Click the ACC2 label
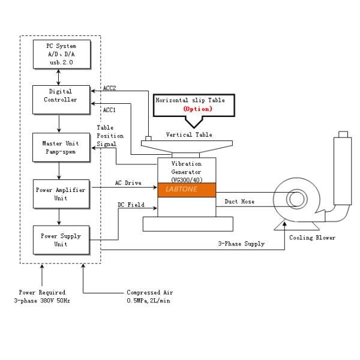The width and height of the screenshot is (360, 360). click(x=110, y=88)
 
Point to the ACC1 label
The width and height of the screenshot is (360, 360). click(x=110, y=110)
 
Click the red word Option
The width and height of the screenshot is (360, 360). click(x=197, y=109)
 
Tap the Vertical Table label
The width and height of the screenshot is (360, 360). click(x=188, y=135)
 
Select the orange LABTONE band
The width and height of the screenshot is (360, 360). click(x=187, y=189)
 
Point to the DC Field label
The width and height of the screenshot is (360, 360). click(x=131, y=205)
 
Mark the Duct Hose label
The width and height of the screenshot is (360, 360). click(x=239, y=202)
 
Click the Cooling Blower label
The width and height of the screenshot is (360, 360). click(x=312, y=238)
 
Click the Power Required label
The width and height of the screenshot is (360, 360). click(x=41, y=292)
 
